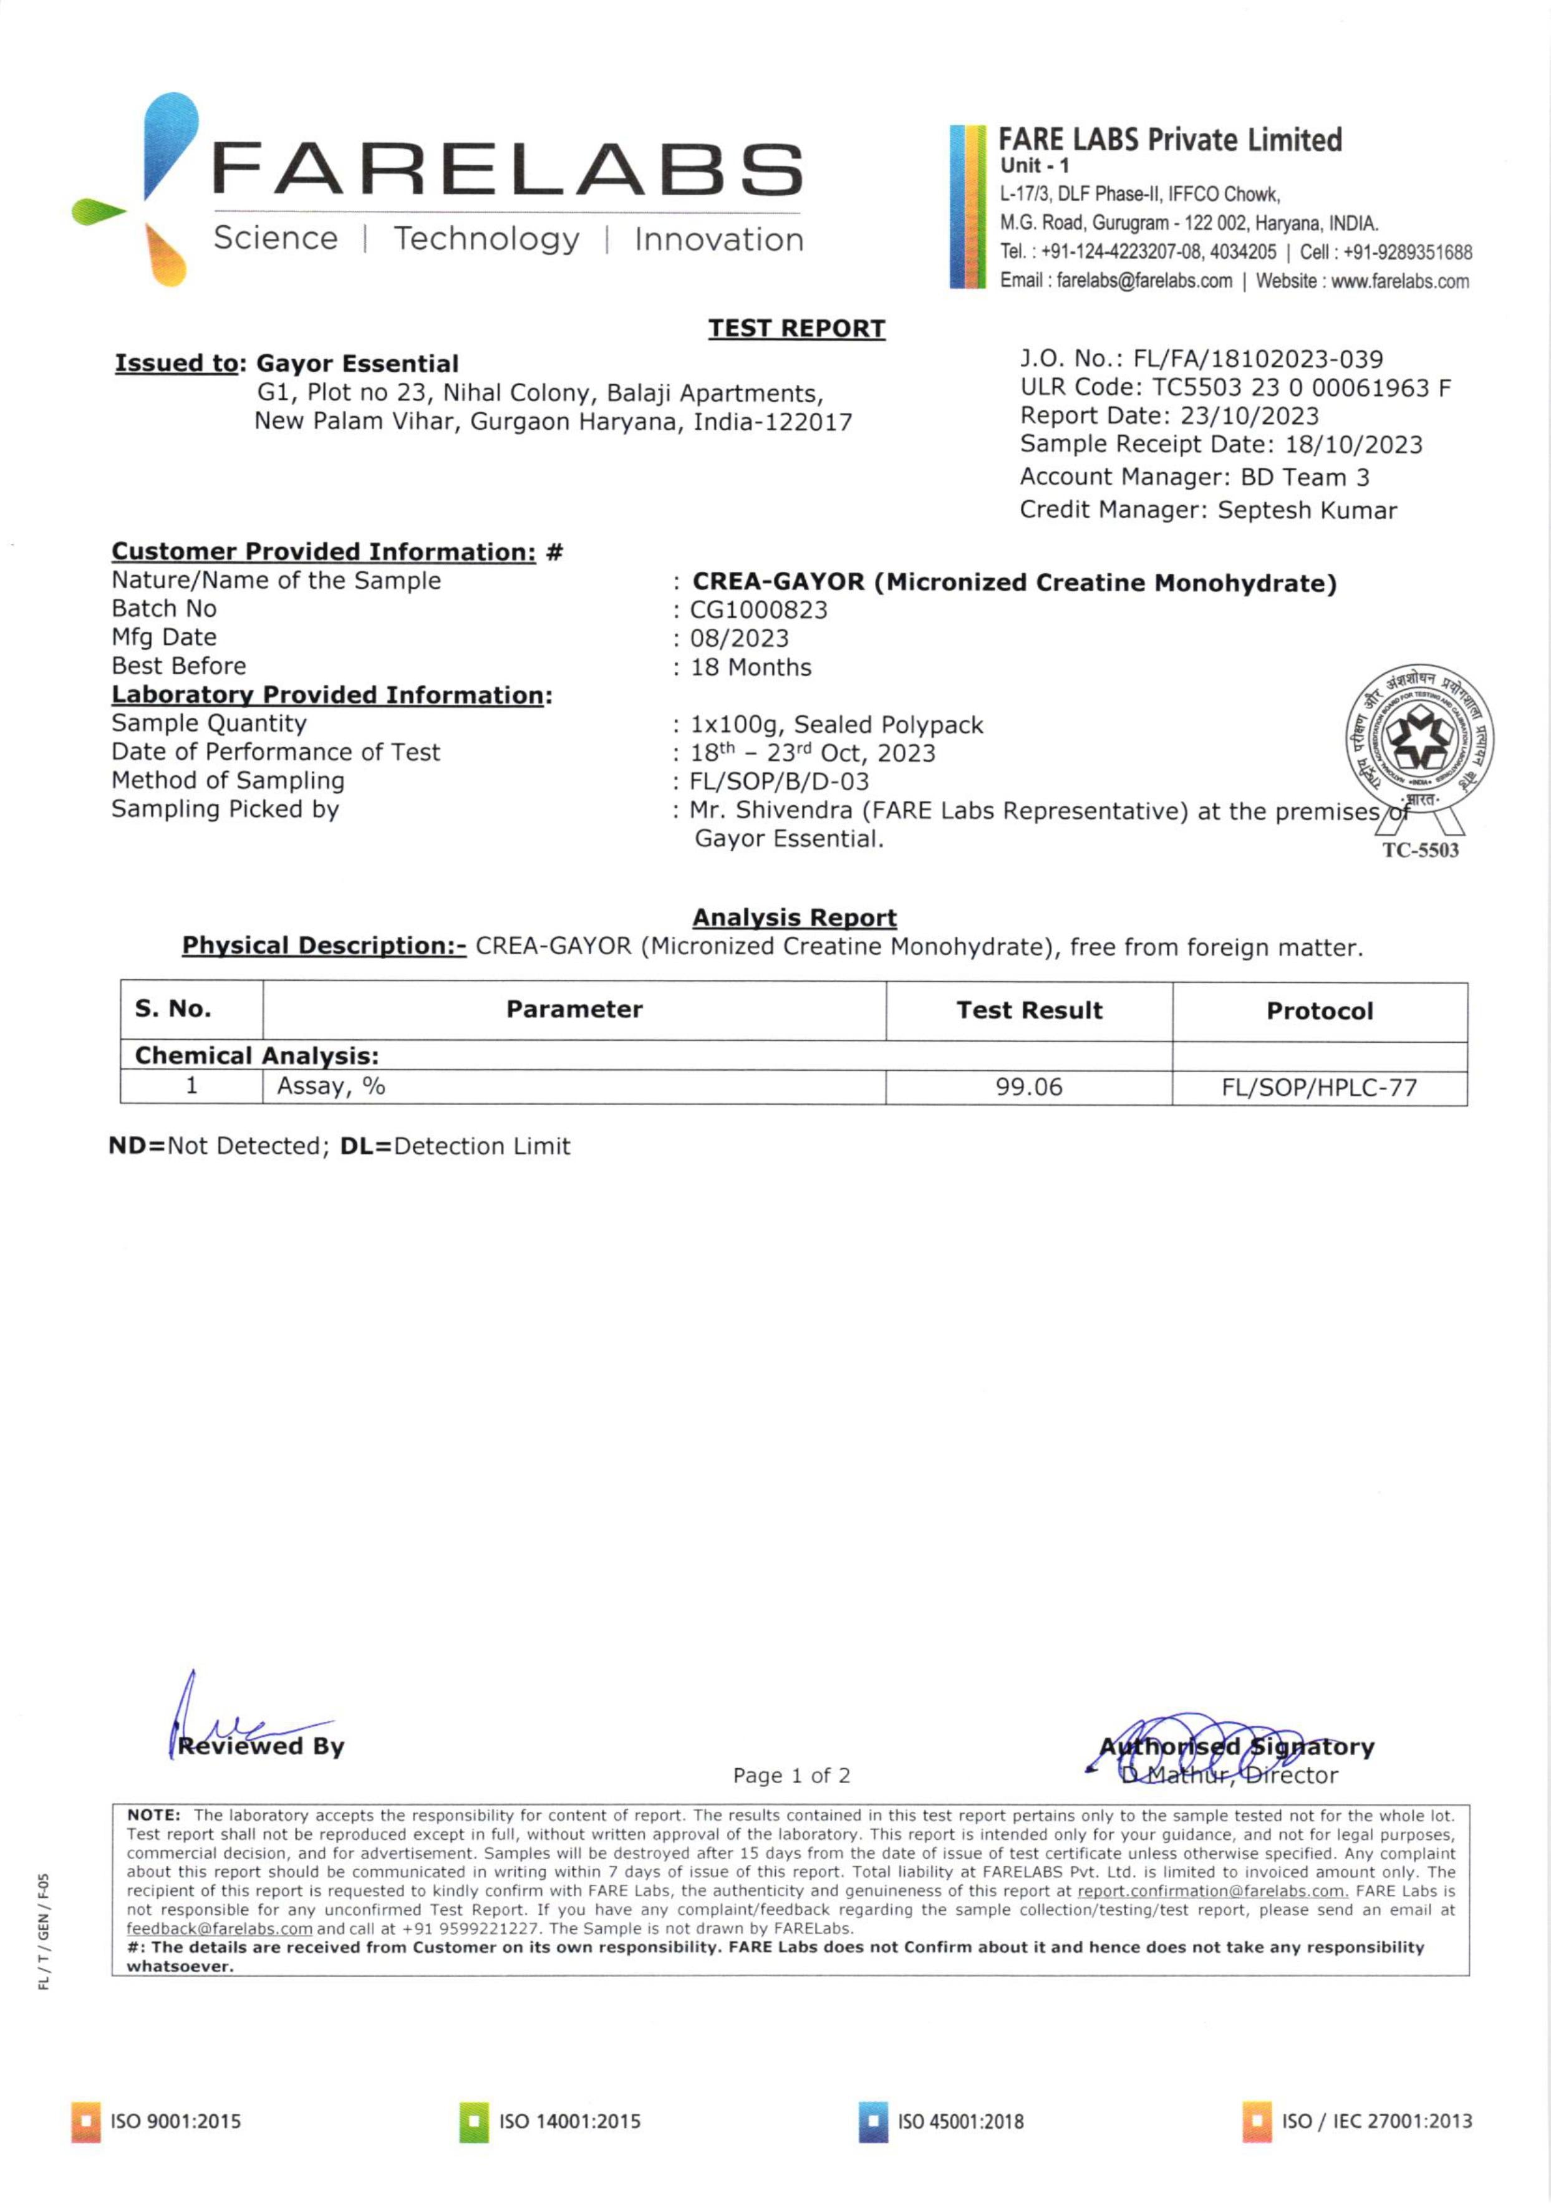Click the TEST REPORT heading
[796, 329]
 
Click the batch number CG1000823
[758, 609]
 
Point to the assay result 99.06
[1028, 1087]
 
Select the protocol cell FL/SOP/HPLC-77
[1319, 1088]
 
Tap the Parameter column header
[574, 1009]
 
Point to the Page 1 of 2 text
[791, 1775]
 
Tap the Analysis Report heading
[795, 917]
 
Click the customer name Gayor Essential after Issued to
[357, 364]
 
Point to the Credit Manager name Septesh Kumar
[1307, 510]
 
